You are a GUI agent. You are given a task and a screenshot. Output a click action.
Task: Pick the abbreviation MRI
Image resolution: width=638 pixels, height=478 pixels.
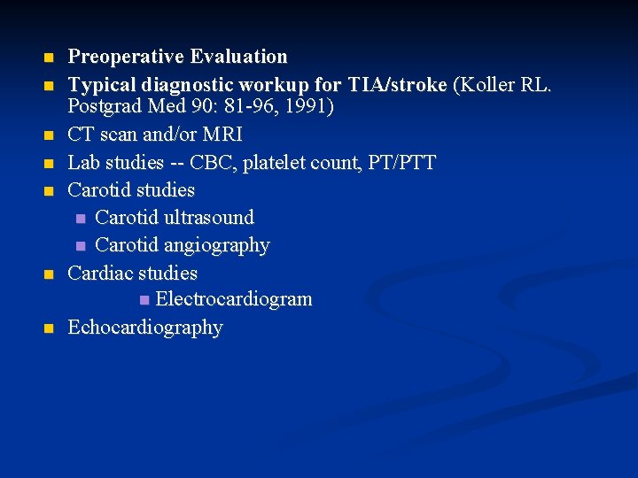click(222, 135)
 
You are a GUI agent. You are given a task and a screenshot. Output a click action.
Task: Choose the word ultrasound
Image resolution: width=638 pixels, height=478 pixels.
click(208, 218)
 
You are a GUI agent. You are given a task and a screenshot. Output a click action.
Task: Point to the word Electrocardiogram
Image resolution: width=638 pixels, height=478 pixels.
click(234, 299)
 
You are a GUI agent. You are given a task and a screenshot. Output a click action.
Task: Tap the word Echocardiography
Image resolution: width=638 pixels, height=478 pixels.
click(145, 328)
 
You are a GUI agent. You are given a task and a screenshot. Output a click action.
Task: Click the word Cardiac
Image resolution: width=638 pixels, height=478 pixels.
click(99, 273)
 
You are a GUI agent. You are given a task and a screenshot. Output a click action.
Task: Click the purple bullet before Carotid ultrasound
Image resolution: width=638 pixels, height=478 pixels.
click(81, 219)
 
